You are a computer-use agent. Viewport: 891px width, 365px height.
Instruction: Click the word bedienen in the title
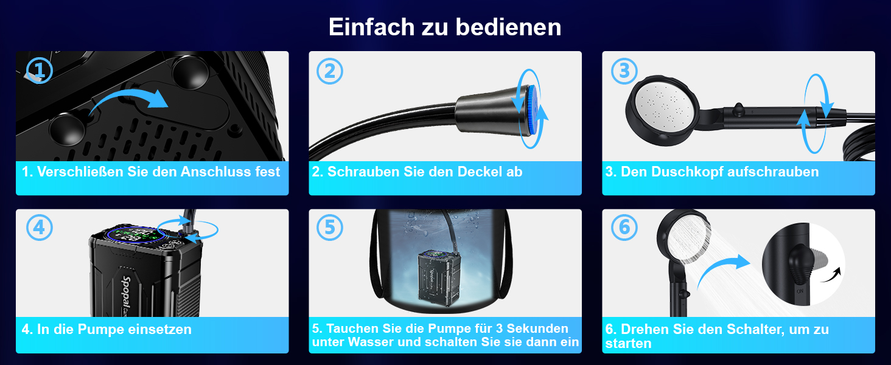click(x=508, y=27)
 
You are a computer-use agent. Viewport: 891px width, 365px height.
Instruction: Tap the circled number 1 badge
click(x=40, y=71)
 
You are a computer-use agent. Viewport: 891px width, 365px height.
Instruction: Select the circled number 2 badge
click(x=330, y=71)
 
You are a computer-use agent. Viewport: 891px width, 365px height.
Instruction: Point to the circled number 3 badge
click(x=624, y=71)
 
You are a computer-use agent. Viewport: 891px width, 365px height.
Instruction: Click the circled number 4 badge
click(x=40, y=228)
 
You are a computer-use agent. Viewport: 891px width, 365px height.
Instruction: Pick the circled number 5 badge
click(x=330, y=228)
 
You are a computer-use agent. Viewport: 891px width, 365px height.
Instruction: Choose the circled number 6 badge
click(x=624, y=228)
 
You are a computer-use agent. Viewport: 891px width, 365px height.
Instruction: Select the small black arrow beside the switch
click(x=831, y=275)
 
